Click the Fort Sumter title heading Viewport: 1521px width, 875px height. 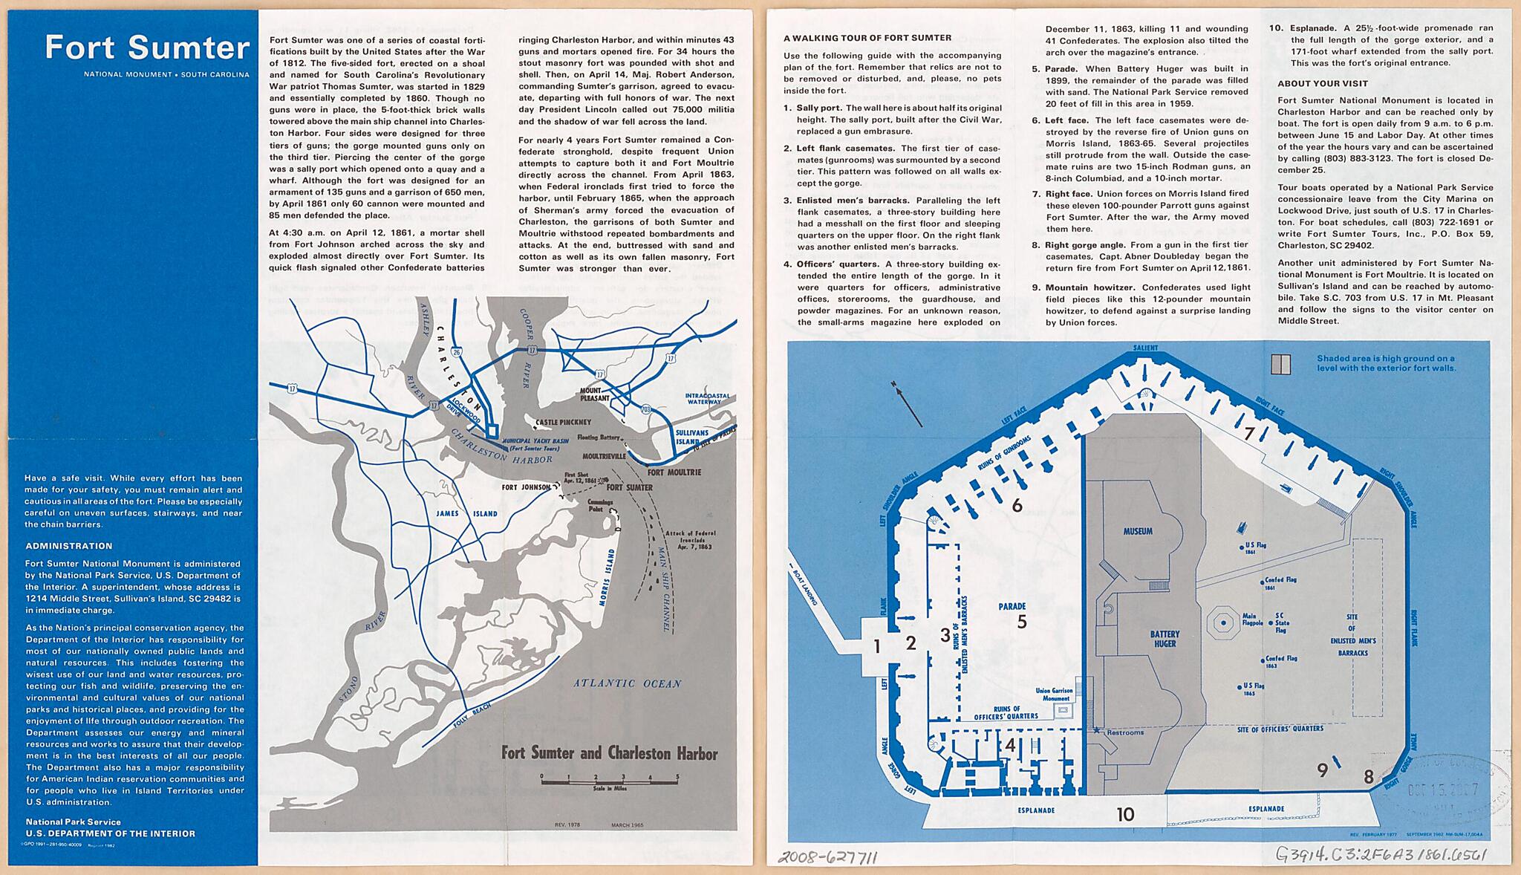click(x=147, y=48)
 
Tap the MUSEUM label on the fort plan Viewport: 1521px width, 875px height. click(x=1138, y=531)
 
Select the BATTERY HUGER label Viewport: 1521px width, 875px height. click(x=1165, y=639)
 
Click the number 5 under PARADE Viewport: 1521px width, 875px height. click(x=1022, y=622)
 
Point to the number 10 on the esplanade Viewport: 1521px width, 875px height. click(x=1125, y=814)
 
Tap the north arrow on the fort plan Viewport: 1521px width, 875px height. click(x=908, y=404)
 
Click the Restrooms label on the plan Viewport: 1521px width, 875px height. click(x=1125, y=732)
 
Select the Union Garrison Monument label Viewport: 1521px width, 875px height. click(x=1056, y=695)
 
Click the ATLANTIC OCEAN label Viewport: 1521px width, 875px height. click(x=627, y=683)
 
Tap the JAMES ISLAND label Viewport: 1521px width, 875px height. click(x=466, y=513)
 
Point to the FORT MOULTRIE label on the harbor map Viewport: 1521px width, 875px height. click(x=674, y=472)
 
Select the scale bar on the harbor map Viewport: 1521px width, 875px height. click(x=609, y=778)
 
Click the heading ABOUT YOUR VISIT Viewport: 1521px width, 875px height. click(x=1323, y=84)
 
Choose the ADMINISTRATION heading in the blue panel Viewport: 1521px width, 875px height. click(x=68, y=546)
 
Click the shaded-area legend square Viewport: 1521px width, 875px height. click(x=1281, y=364)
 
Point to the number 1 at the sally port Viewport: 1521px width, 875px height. click(x=877, y=647)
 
